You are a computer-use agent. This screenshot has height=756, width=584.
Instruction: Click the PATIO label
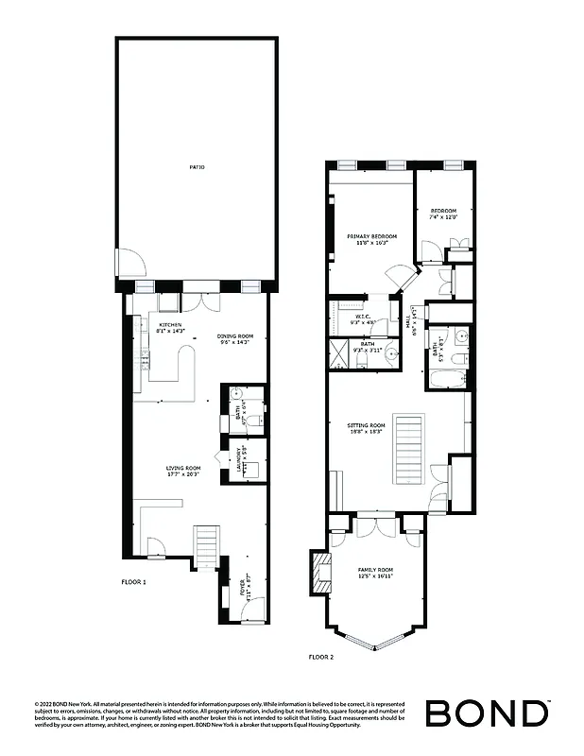pos(197,167)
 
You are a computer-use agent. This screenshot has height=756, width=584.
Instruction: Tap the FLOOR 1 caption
pos(133,582)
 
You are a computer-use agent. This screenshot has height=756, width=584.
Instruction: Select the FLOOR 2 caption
pos(322,655)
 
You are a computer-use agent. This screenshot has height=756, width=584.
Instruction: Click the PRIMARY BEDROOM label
pos(371,236)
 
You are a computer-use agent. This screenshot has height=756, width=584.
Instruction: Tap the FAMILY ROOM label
pos(375,570)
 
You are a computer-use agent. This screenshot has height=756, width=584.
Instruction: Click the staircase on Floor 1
pos(206,546)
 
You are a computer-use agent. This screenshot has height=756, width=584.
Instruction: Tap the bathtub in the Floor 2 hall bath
pos(445,381)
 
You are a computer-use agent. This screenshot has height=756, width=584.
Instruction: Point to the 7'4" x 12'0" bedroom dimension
pos(443,217)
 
